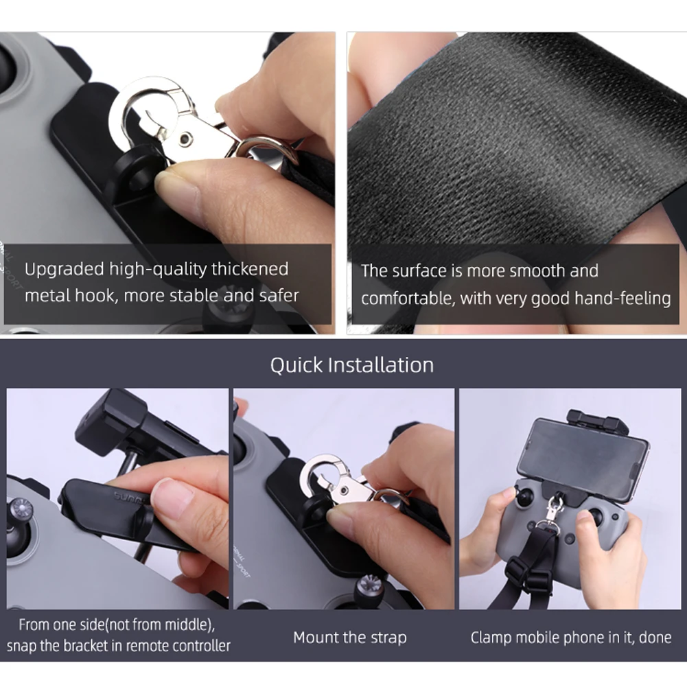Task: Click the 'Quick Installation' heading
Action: point(352,365)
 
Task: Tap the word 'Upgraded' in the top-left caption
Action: point(64,270)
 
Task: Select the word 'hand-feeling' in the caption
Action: point(622,299)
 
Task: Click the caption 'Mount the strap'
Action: point(349,638)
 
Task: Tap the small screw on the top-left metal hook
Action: point(186,139)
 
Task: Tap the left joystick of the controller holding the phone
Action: point(524,497)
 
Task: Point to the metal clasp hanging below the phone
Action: point(553,512)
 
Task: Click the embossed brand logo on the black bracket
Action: point(129,498)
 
